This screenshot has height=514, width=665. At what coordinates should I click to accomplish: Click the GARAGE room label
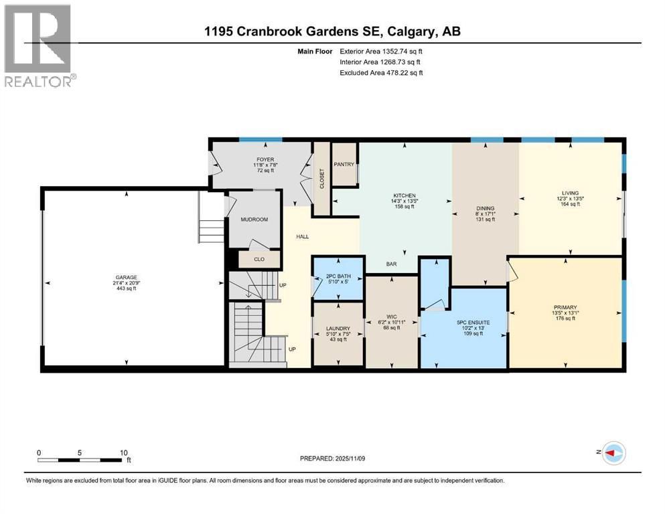click(x=127, y=277)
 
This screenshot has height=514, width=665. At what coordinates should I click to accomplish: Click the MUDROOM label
click(x=254, y=219)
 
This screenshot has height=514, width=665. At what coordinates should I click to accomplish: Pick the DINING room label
click(x=485, y=207)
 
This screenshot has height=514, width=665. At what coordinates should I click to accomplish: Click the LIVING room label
click(x=571, y=193)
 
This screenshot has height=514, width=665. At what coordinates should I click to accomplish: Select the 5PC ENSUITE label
click(x=473, y=323)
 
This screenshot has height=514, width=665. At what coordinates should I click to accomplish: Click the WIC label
click(x=392, y=316)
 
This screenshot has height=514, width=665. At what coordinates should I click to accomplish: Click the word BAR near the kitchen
click(x=392, y=264)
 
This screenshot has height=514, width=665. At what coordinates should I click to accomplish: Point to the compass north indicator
click(x=610, y=453)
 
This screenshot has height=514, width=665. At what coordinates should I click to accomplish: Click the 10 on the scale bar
click(x=123, y=452)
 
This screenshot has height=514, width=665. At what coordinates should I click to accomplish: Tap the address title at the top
click(x=332, y=31)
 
